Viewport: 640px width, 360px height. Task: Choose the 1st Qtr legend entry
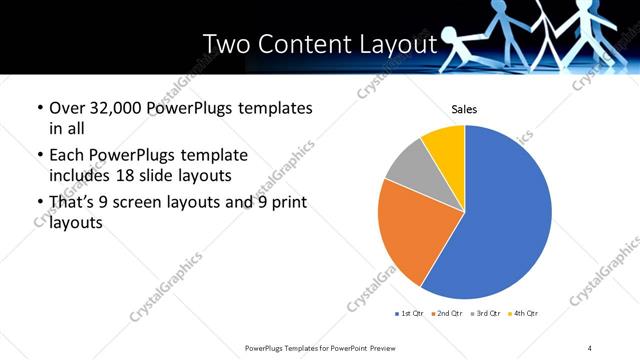tap(410, 314)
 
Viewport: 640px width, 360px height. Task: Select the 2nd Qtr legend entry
tap(446, 314)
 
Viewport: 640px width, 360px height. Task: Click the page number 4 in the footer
tap(590, 347)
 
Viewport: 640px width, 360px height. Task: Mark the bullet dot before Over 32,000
tap(39, 108)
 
